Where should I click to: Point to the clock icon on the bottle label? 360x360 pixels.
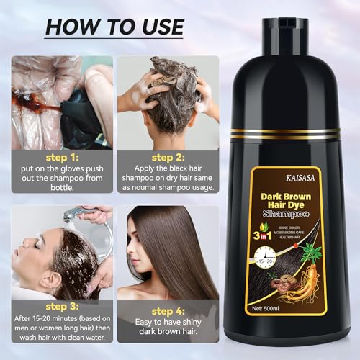[x=270, y=252]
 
